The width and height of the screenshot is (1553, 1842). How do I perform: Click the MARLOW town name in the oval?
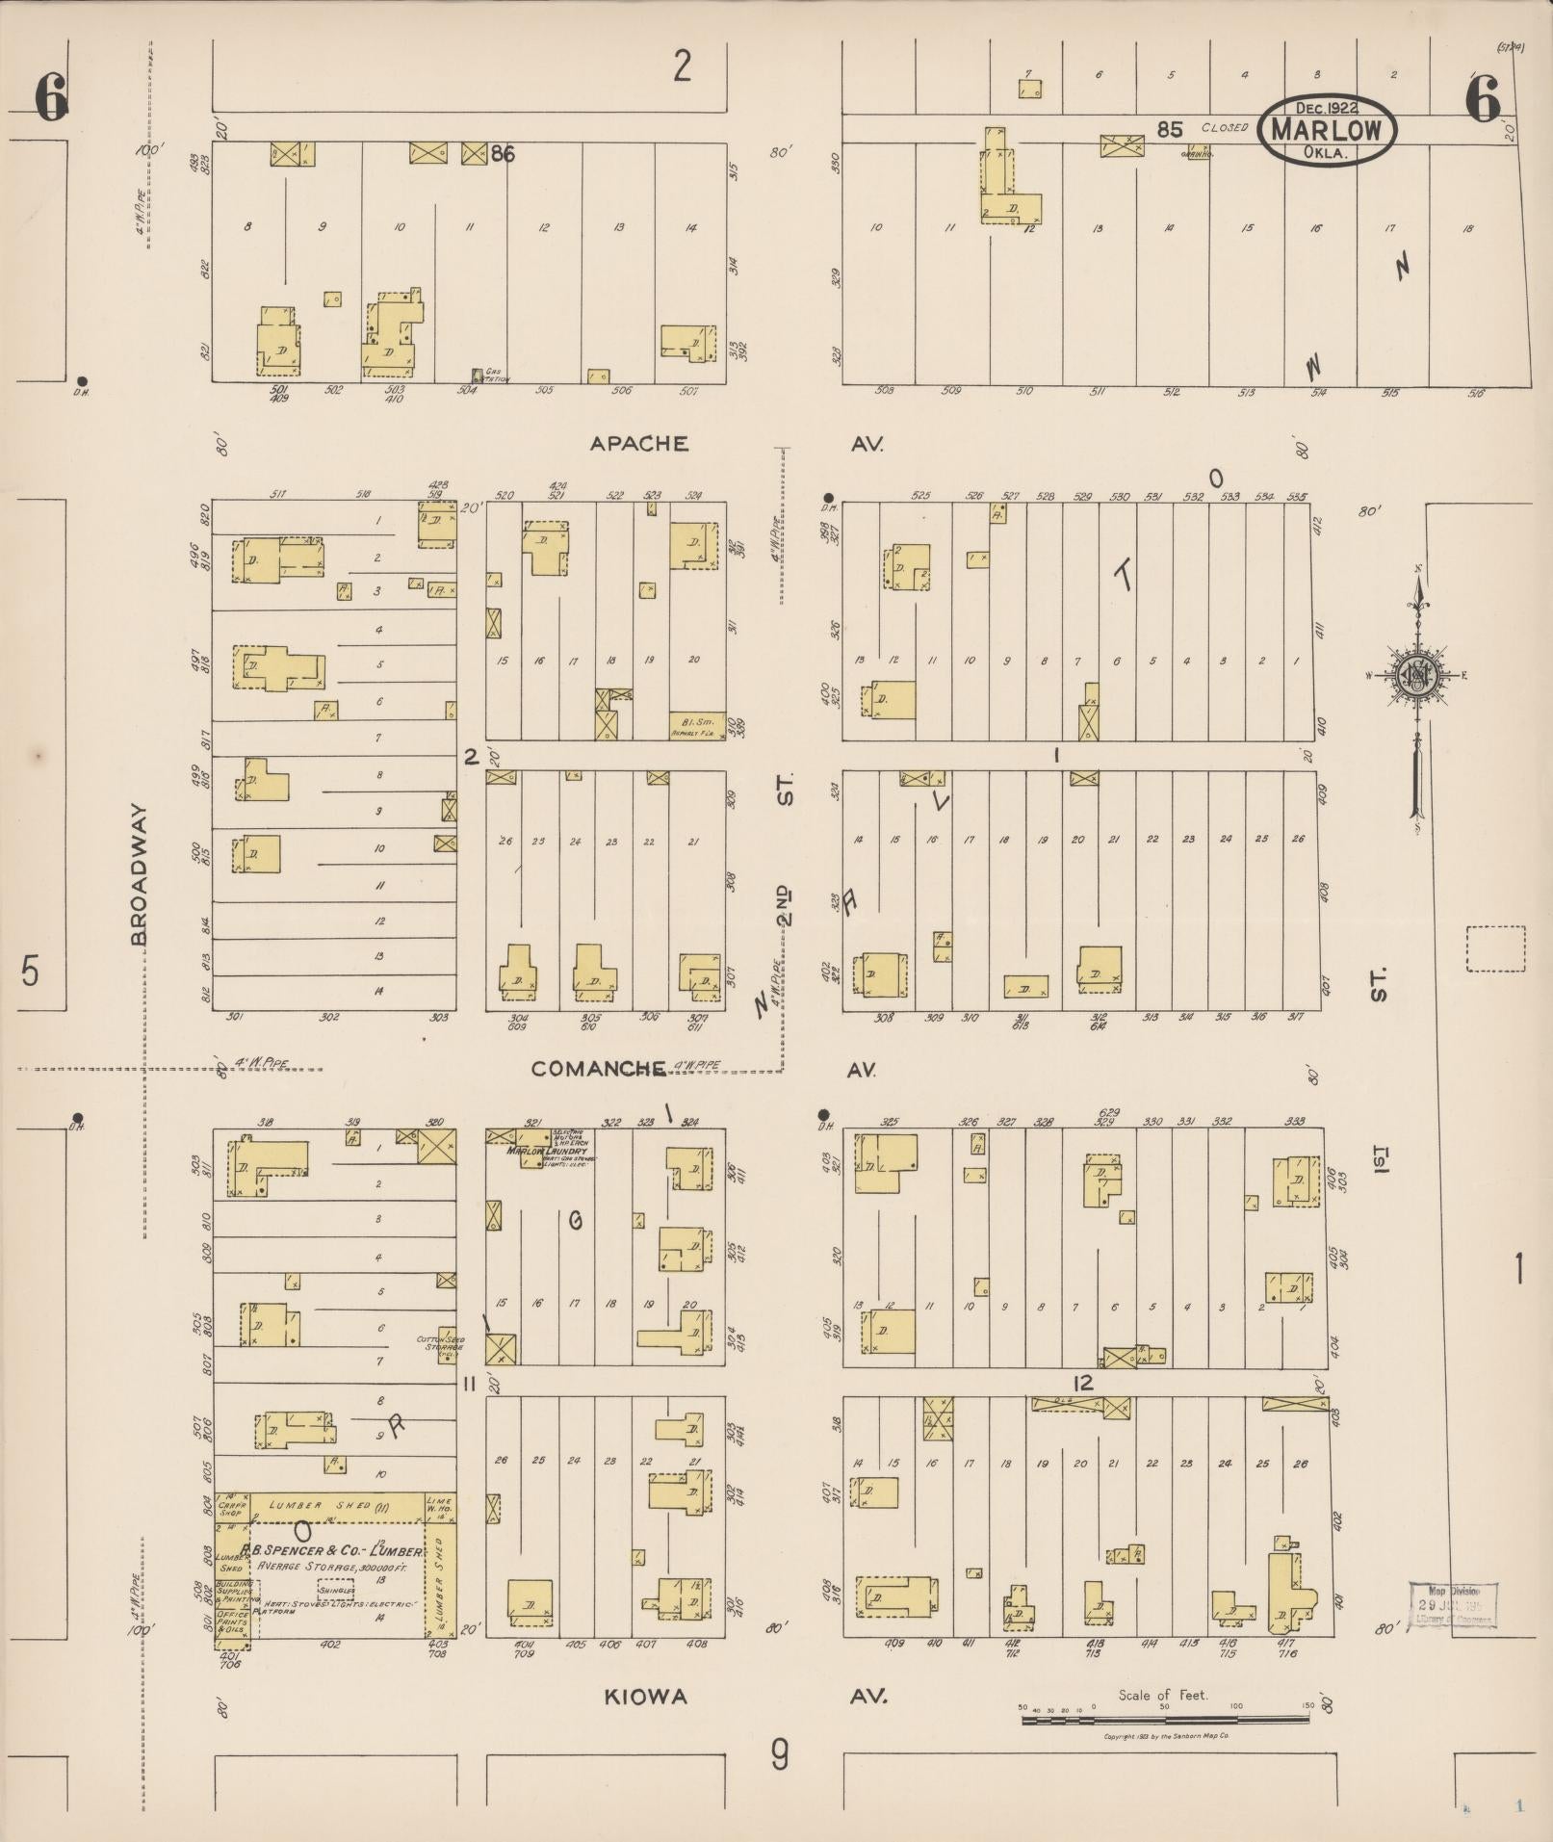point(1327,129)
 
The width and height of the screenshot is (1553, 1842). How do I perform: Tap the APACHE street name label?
point(639,444)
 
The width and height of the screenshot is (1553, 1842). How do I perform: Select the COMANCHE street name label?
point(598,1069)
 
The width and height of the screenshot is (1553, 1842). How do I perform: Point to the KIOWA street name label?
point(645,1697)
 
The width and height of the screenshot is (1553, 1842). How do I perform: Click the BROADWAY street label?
point(140,874)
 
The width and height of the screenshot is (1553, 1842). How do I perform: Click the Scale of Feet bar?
point(1165,1717)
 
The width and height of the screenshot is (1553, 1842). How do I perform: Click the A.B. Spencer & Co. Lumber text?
point(332,1551)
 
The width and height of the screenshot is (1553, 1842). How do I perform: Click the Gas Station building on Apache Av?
point(477,375)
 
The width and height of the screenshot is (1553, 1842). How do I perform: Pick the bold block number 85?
point(1169,129)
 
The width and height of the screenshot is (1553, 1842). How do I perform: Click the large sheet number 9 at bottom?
point(778,1755)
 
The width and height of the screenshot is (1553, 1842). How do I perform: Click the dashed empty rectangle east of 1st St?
point(1495,949)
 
